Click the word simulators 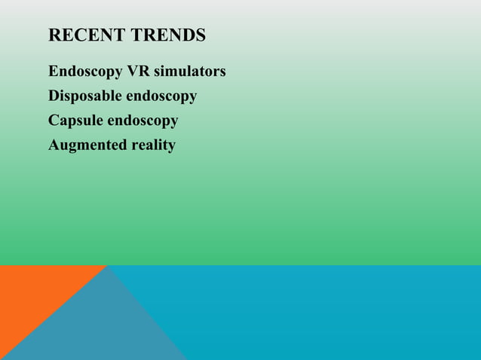(x=190, y=72)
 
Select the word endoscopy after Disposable (x=161, y=97)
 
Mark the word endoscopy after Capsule (x=143, y=121)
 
